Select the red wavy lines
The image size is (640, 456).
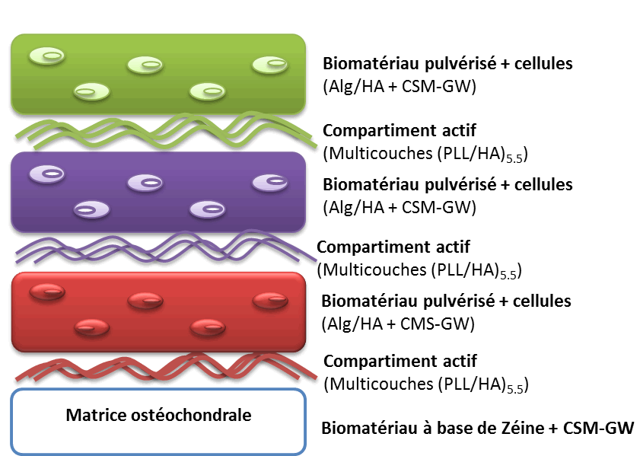164,368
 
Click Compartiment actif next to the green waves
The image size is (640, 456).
400,131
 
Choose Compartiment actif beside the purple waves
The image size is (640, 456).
393,247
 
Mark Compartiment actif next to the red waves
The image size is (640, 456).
400,361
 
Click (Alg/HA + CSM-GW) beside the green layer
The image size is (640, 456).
400,86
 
